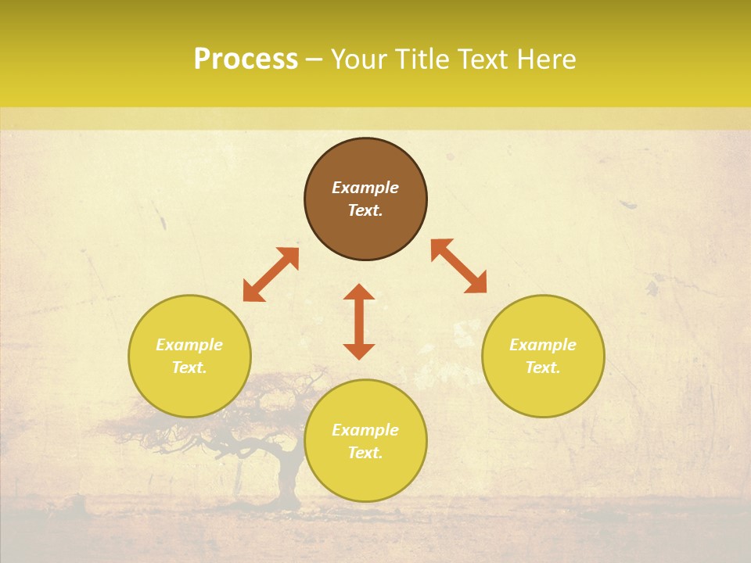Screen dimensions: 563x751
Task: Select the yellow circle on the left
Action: [x=189, y=391]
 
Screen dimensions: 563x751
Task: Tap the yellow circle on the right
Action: [x=543, y=391]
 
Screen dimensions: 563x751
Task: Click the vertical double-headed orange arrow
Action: [x=359, y=321]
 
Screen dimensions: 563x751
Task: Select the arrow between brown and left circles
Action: [x=271, y=274]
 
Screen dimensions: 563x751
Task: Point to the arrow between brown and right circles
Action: [x=458, y=266]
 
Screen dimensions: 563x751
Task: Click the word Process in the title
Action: [x=246, y=59]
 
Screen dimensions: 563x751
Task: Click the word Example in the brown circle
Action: [x=365, y=188]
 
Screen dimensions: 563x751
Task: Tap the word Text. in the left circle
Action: [x=189, y=368]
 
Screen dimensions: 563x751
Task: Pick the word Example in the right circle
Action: [x=543, y=345]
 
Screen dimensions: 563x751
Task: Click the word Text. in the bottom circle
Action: [x=365, y=453]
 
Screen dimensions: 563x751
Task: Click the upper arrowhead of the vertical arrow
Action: [x=359, y=292]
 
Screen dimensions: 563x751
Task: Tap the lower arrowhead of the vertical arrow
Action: [x=359, y=351]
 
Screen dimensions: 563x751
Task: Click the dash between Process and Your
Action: [x=314, y=59]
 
